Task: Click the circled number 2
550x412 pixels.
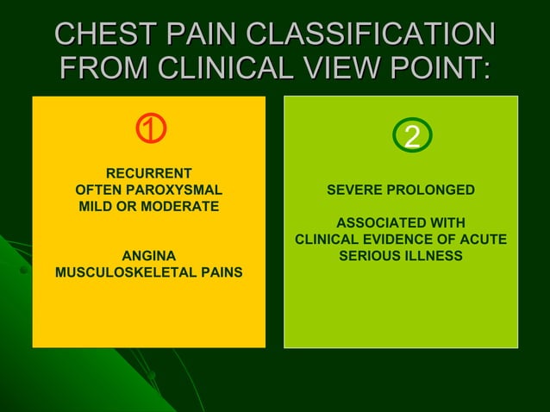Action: point(412,136)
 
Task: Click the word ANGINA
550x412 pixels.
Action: point(148,256)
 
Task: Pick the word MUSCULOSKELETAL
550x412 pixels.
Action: point(125,273)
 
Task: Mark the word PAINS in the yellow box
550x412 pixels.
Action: point(221,273)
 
